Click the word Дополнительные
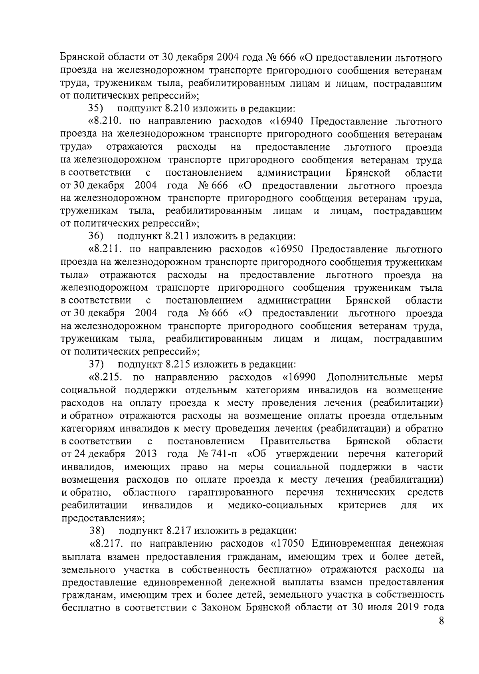[x=367, y=377]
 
